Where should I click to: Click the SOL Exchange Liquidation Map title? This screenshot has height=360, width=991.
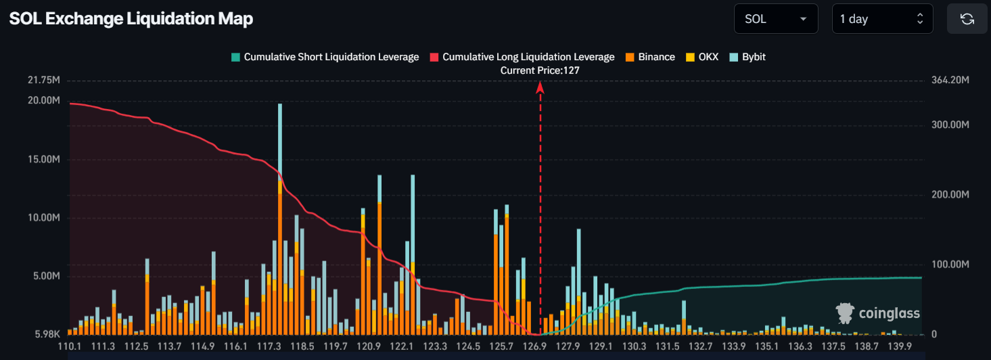(x=131, y=19)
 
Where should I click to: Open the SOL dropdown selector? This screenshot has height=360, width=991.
(x=775, y=19)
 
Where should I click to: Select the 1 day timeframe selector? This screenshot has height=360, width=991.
(x=881, y=19)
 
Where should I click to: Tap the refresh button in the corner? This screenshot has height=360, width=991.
(x=967, y=19)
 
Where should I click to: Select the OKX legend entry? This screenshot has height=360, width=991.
(x=702, y=57)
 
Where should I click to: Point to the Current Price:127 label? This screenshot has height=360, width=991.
(x=540, y=70)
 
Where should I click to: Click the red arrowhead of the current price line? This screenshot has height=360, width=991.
(x=540, y=87)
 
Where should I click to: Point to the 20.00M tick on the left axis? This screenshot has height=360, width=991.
(x=43, y=100)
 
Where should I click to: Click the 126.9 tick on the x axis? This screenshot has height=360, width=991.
(x=534, y=346)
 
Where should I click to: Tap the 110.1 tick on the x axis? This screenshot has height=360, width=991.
(x=70, y=346)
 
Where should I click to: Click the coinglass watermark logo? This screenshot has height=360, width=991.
(x=878, y=313)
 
